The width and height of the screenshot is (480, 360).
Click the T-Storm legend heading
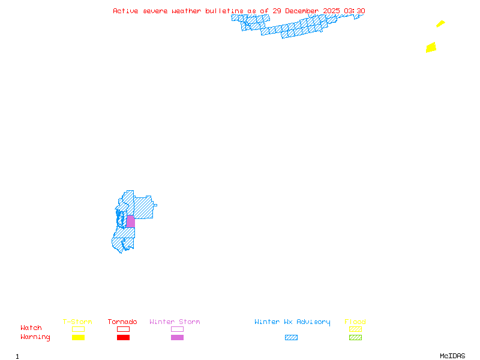[77, 322]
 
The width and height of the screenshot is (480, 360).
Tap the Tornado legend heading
[122, 322]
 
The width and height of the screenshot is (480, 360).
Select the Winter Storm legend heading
[175, 322]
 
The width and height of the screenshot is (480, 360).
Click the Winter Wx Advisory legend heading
[292, 322]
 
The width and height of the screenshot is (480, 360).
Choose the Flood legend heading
[355, 322]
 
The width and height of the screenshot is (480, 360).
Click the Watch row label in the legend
[31, 328]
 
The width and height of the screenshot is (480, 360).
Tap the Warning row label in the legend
[35, 337]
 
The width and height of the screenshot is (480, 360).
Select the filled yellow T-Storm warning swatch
[78, 338]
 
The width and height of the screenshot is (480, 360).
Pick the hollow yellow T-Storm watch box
[78, 329]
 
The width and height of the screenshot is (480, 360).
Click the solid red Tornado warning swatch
[123, 338]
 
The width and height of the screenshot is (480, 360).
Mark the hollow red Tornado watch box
[123, 329]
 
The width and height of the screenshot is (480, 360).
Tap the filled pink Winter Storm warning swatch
[177, 338]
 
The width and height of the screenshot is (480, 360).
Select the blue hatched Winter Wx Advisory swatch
[291, 338]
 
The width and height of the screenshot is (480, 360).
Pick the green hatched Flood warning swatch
[355, 338]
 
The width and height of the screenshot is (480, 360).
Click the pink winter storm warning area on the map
[130, 221]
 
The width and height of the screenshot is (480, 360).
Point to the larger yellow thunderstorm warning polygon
[431, 47]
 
